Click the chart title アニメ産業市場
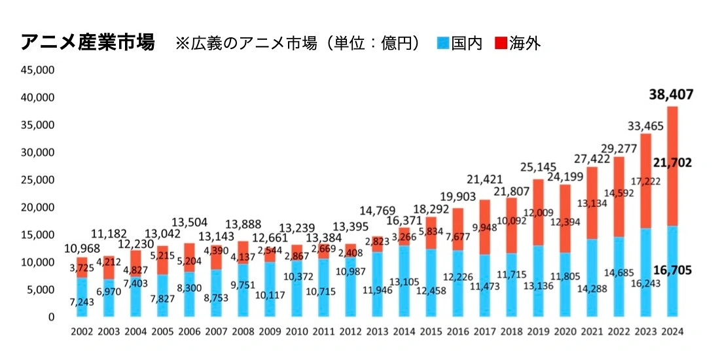(x=88, y=43)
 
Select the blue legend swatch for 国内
(x=443, y=44)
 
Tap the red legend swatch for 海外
(x=501, y=44)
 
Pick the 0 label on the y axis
(x=50, y=317)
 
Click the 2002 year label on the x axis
(x=82, y=332)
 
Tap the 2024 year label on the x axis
(x=672, y=332)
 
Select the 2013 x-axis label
(x=376, y=332)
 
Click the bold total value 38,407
(x=672, y=96)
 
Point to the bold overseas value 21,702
(x=672, y=162)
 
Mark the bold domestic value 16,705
(x=672, y=270)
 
